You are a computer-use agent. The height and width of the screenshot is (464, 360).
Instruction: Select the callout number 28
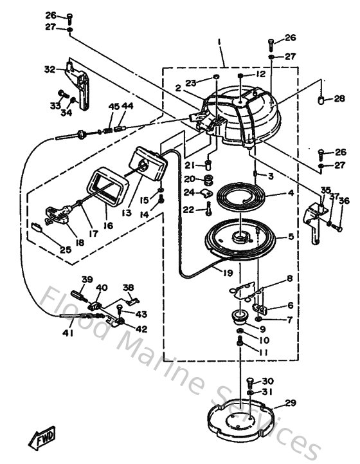[x=340, y=98]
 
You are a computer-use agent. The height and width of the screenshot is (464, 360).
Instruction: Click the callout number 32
[x=50, y=69]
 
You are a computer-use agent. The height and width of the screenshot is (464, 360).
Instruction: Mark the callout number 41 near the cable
[x=69, y=333]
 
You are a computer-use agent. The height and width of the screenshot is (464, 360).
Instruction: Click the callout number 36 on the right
[x=343, y=201]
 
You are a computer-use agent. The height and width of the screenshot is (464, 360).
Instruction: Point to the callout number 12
[x=261, y=74]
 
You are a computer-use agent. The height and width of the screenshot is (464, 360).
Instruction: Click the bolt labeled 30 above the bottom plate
[x=250, y=382]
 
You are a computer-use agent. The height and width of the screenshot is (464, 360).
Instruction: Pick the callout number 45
[x=113, y=106]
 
